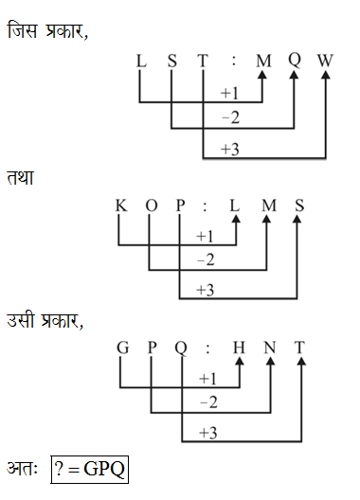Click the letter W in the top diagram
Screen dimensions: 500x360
click(x=326, y=61)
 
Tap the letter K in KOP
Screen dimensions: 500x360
click(x=120, y=205)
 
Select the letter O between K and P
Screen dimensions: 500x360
click(x=150, y=205)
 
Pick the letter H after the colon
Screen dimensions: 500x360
click(x=239, y=348)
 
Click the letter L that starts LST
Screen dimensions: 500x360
click(x=141, y=61)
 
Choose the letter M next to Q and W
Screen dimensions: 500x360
click(x=263, y=61)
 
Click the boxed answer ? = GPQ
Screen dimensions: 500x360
click(x=90, y=470)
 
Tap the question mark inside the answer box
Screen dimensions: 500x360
click(x=62, y=470)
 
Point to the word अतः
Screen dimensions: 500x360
click(x=24, y=470)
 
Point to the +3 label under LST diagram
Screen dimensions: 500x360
click(x=229, y=149)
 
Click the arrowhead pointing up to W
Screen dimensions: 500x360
click(x=326, y=80)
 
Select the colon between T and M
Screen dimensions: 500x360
click(x=232, y=62)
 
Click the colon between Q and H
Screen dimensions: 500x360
click(x=208, y=349)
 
